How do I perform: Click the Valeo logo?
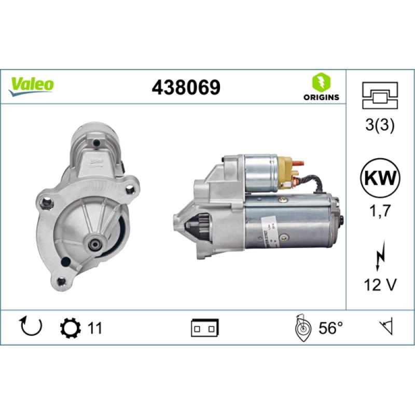(31, 84)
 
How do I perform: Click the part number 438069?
(185, 87)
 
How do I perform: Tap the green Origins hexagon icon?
(321, 82)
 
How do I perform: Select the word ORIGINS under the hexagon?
(321, 97)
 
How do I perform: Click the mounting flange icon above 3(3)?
(380, 96)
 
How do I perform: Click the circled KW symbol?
(380, 177)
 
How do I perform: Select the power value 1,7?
(380, 211)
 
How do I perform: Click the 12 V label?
(380, 284)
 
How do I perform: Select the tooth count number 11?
(94, 328)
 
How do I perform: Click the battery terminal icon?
(205, 328)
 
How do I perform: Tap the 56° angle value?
(331, 328)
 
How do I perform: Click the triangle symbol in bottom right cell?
(386, 327)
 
